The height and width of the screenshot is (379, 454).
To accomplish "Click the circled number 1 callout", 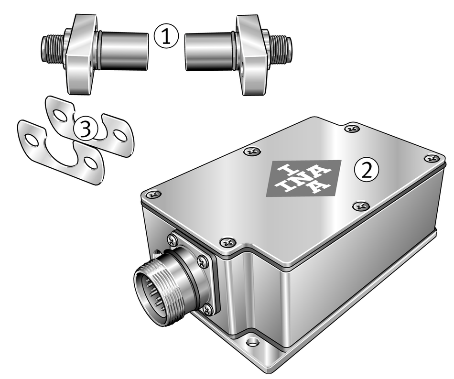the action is click(x=166, y=36).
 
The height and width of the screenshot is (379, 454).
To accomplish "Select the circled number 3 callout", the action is click(x=86, y=129).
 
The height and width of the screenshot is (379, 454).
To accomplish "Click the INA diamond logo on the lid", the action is click(x=303, y=178).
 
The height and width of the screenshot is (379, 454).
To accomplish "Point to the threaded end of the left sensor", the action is click(x=52, y=48).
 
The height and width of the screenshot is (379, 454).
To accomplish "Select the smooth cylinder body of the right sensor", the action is click(x=209, y=52).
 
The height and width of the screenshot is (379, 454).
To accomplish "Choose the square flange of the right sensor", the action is click(x=251, y=54).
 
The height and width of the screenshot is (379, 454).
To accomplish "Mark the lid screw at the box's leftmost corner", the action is click(x=153, y=195).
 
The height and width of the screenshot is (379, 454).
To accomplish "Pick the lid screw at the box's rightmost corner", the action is click(x=432, y=158).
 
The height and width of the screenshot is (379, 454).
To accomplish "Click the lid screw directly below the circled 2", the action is click(x=361, y=206).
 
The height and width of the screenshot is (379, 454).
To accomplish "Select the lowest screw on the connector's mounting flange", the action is click(x=207, y=310).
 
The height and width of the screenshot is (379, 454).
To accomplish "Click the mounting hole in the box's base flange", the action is click(x=253, y=342).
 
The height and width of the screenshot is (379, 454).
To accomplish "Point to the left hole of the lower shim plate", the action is click(x=32, y=140).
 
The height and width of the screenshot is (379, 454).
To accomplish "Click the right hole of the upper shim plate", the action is click(x=119, y=135).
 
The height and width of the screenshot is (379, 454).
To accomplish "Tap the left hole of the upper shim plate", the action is click(x=60, y=115).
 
